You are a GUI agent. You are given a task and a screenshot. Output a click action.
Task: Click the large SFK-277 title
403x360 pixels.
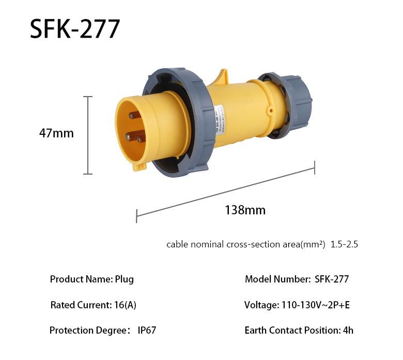pyautogui.click(x=75, y=29)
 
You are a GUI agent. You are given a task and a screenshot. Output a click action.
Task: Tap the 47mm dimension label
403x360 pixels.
pyautogui.click(x=56, y=133)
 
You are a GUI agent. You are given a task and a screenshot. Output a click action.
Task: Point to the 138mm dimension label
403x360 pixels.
pyautogui.click(x=245, y=210)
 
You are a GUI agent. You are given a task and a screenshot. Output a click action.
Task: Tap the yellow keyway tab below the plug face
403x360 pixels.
pyautogui.click(x=139, y=166)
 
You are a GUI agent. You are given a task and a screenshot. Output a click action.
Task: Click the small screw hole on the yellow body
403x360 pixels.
pyautogui.click(x=270, y=110)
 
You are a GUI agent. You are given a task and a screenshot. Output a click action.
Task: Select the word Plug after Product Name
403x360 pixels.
pyautogui.click(x=125, y=279)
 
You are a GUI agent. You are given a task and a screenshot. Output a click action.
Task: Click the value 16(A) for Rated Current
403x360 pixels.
pyautogui.click(x=124, y=305)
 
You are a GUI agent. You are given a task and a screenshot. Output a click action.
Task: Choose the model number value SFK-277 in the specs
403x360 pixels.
pyautogui.click(x=332, y=279)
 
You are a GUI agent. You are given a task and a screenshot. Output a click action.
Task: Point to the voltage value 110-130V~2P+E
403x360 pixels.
pyautogui.click(x=315, y=305)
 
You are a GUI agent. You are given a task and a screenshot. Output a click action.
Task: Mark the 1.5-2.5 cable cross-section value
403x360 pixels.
pyautogui.click(x=344, y=244)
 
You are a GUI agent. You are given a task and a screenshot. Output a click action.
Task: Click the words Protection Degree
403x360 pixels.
pyautogui.click(x=87, y=331)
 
